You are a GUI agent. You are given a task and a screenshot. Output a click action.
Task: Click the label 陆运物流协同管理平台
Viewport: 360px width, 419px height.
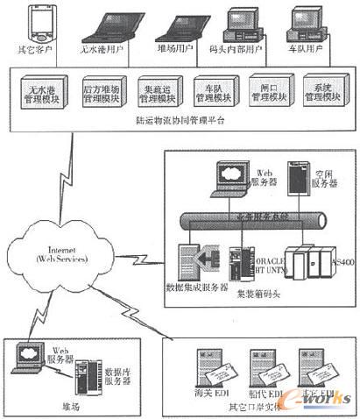click(184, 120)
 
